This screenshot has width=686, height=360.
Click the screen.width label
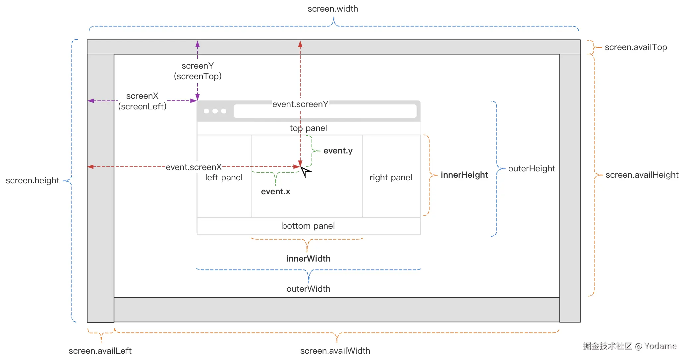[x=333, y=9]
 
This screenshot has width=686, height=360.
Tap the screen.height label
[x=32, y=181]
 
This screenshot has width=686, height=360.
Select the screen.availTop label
[x=636, y=47]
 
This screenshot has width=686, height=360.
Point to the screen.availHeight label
[x=642, y=175]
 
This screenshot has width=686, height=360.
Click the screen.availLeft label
[x=100, y=351]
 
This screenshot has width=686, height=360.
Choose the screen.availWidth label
[x=335, y=351]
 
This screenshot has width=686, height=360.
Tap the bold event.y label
[x=338, y=151]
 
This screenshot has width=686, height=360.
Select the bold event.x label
[x=275, y=192]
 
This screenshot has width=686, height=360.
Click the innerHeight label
[x=464, y=175]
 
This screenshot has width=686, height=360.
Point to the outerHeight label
[x=531, y=169]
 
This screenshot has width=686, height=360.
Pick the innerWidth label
[x=308, y=259]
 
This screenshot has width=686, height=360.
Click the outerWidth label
[x=308, y=289]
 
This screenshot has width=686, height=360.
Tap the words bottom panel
[x=308, y=226]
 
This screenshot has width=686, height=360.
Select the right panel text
[x=391, y=178]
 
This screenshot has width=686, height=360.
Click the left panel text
[x=224, y=178]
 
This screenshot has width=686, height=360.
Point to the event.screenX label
[x=194, y=167]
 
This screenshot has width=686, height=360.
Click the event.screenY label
[x=300, y=104]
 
